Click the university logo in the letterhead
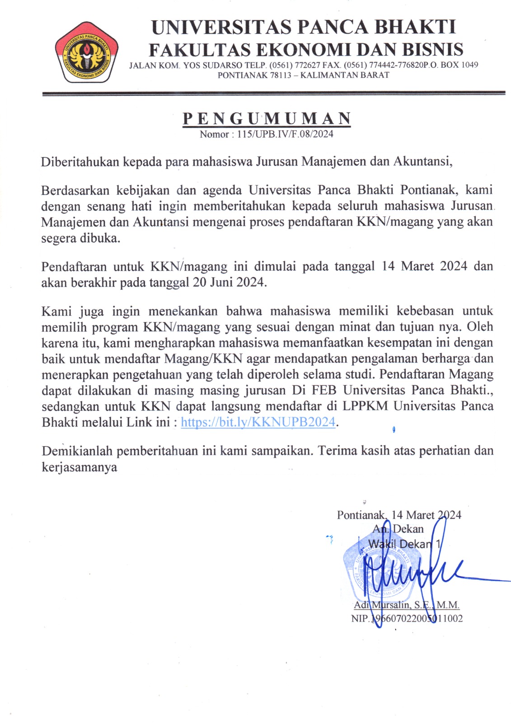[87, 52]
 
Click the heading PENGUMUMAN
[267, 118]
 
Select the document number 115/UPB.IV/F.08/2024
[285, 134]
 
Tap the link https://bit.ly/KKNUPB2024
[258, 422]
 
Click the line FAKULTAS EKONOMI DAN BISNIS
[306, 49]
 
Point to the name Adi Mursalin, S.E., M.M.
[406, 605]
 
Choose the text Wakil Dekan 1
[404, 544]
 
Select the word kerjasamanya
[79, 467]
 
